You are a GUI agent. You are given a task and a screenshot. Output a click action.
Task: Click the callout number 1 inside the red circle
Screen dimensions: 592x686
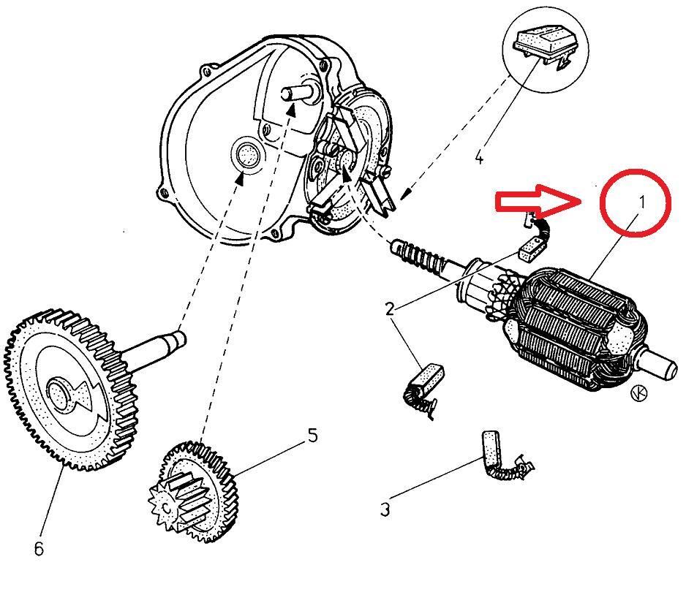pos(641,202)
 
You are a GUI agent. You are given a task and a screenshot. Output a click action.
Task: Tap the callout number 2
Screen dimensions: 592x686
pos(391,308)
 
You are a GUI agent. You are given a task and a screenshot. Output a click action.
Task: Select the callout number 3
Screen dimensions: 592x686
pos(385,509)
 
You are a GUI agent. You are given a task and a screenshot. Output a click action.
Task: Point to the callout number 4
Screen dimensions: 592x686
pos(479,157)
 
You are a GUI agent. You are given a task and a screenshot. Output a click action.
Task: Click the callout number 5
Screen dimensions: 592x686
pos(312,436)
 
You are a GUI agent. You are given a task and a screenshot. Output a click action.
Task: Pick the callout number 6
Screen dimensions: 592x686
pos(39,547)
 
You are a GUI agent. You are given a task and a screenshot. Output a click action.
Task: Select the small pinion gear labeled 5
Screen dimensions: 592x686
pos(194,490)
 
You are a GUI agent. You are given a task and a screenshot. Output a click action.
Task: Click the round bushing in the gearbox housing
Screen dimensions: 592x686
pos(246,155)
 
